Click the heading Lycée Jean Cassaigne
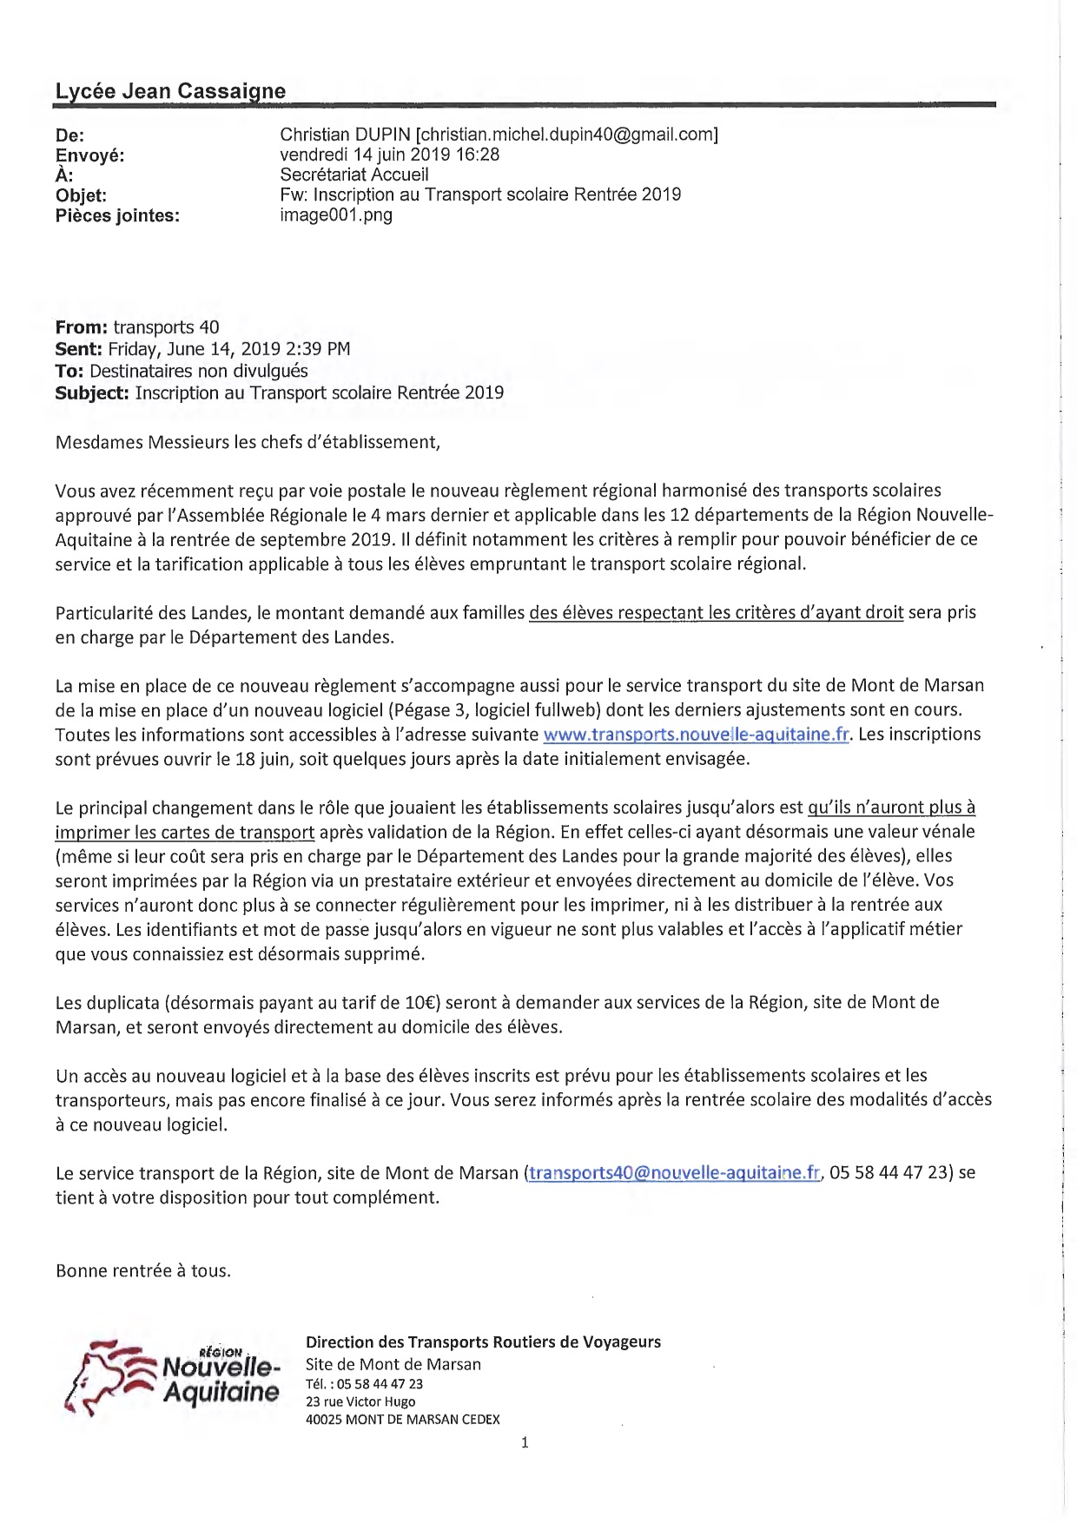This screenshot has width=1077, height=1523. pyautogui.click(x=170, y=91)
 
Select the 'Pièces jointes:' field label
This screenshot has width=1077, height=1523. pyautogui.click(x=117, y=215)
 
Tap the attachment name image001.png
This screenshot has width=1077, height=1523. pyautogui.click(x=336, y=214)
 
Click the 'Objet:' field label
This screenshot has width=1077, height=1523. pyautogui.click(x=81, y=195)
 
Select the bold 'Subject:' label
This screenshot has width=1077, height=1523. pyautogui.click(x=92, y=392)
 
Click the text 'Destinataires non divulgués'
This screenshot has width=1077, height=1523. pyautogui.click(x=199, y=371)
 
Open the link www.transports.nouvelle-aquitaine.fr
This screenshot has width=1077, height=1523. pyautogui.click(x=697, y=735)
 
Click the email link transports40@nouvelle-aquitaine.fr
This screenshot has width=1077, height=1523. pyautogui.click(x=674, y=1173)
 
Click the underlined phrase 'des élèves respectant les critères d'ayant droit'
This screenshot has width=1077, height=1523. pyautogui.click(x=717, y=613)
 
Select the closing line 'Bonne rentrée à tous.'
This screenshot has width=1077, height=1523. pyautogui.click(x=143, y=1271)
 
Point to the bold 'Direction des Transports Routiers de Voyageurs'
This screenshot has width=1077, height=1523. pyautogui.click(x=483, y=1342)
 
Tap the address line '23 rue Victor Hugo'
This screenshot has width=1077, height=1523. pyautogui.click(x=360, y=1401)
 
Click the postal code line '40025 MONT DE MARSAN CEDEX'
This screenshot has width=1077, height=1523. pyautogui.click(x=403, y=1420)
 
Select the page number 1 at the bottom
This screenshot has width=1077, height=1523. pyautogui.click(x=525, y=1443)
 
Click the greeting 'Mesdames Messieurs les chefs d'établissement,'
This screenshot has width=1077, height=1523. pyautogui.click(x=248, y=442)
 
